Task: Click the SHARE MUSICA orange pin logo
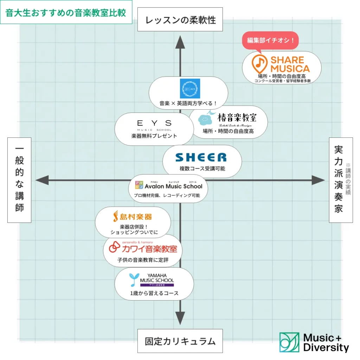click(x=259, y=63)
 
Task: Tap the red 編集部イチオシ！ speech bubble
click(x=271, y=40)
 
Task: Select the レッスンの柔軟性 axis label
click(x=180, y=20)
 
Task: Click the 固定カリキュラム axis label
click(x=180, y=341)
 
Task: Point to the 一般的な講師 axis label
click(x=19, y=180)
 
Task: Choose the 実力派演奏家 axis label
click(x=338, y=180)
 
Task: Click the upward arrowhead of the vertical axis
click(x=180, y=43)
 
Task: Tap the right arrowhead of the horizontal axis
click(x=318, y=180)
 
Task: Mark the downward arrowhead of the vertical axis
click(x=180, y=318)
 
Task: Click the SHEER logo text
click(x=201, y=157)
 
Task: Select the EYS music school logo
click(x=154, y=124)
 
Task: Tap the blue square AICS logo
click(x=190, y=89)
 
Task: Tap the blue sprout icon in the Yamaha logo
click(x=133, y=279)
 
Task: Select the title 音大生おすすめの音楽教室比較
click(x=66, y=12)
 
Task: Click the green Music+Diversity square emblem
click(x=289, y=342)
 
